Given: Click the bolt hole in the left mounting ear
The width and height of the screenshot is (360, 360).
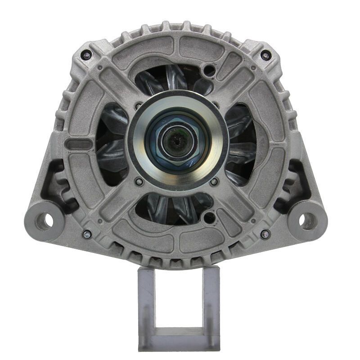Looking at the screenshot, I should click(44, 220).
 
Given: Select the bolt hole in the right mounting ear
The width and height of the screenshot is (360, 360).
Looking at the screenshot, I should click(307, 220).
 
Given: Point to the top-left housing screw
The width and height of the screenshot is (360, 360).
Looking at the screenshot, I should click(87, 55).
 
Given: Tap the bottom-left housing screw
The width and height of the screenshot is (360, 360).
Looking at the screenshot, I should click(86, 234).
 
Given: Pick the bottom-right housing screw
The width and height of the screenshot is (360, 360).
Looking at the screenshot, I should click(265, 234).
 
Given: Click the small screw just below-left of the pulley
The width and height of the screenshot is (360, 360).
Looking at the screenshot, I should click(139, 182).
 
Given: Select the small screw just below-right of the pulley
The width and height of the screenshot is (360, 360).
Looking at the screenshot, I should click(214, 182).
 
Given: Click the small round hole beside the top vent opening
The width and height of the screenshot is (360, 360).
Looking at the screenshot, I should click(210, 71).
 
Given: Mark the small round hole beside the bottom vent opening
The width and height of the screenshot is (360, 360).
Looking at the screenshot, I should click(209, 218).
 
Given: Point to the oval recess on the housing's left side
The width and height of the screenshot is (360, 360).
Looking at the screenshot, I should click(78, 144).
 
